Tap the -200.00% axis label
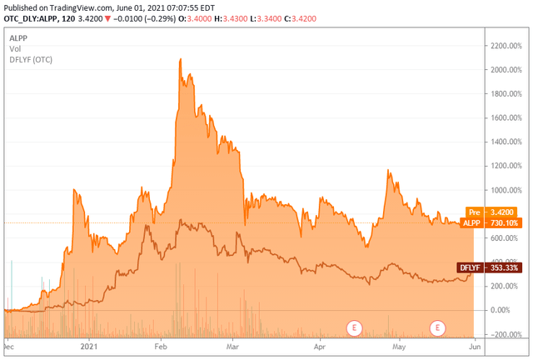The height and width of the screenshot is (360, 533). (x=503, y=334)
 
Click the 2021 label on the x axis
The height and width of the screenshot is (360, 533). (x=90, y=343)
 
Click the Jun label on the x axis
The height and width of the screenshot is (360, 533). (x=473, y=343)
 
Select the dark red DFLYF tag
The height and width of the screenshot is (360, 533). (x=470, y=267)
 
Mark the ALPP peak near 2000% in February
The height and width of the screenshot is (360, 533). (x=180, y=60)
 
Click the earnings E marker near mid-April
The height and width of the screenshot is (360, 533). (x=355, y=327)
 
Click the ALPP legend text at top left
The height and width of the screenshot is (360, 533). (x=18, y=38)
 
